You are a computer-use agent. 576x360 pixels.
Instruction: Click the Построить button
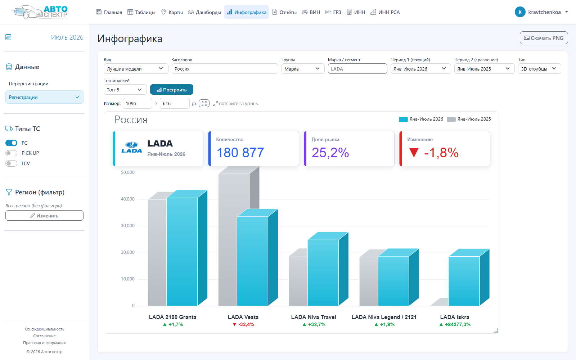pyautogui.click(x=171, y=90)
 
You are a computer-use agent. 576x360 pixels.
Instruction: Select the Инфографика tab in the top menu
pyautogui.click(x=246, y=12)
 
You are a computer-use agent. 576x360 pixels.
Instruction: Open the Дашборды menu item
pyautogui.click(x=204, y=12)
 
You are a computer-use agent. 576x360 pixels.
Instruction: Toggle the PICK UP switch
pyautogui.click(x=11, y=153)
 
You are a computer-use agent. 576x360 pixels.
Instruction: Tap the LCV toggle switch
pyautogui.click(x=11, y=163)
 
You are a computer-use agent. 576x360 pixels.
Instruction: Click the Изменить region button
pyautogui.click(x=44, y=216)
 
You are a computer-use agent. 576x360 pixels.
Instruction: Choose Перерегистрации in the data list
pyautogui.click(x=28, y=84)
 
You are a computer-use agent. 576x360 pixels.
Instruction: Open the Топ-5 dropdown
pyautogui.click(x=125, y=90)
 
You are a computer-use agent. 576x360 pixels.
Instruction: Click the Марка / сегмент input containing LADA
pyautogui.click(x=357, y=69)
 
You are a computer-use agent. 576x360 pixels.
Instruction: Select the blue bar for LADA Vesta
pyautogui.click(x=252, y=261)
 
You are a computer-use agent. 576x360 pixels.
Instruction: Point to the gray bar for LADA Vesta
pyautogui.click(x=234, y=239)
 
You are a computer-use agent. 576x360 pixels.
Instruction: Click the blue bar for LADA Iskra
pyautogui.click(x=464, y=281)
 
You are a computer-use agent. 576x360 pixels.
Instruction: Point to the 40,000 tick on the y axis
pyautogui.click(x=127, y=199)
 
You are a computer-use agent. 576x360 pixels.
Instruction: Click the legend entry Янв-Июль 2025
pyautogui.click(x=469, y=119)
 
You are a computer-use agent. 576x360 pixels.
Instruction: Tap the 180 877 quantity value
pyautogui.click(x=240, y=153)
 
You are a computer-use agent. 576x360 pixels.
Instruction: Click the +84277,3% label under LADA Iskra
pyautogui.click(x=455, y=324)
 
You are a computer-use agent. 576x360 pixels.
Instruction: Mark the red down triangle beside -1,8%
pyautogui.click(x=414, y=153)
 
